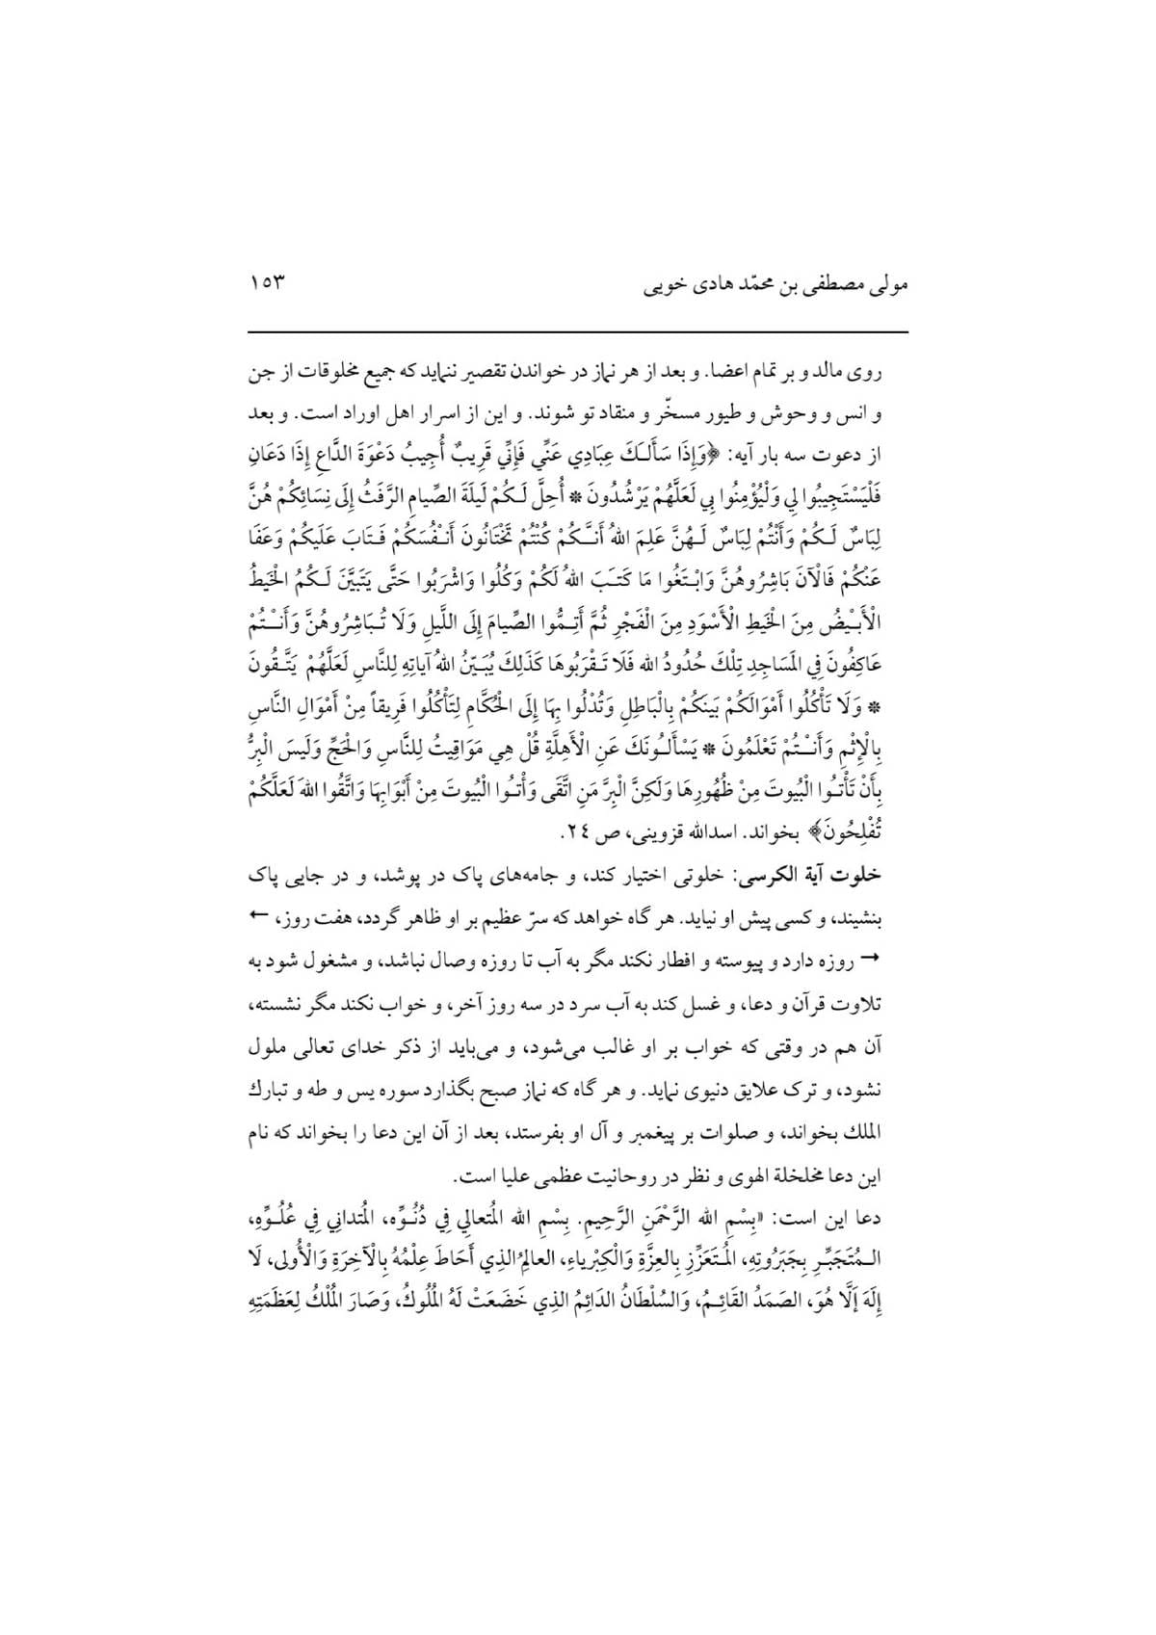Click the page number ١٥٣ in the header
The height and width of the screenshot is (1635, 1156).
[266, 285]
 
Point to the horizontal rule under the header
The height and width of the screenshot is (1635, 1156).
[578, 332]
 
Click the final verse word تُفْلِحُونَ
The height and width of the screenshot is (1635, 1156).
[869, 831]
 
